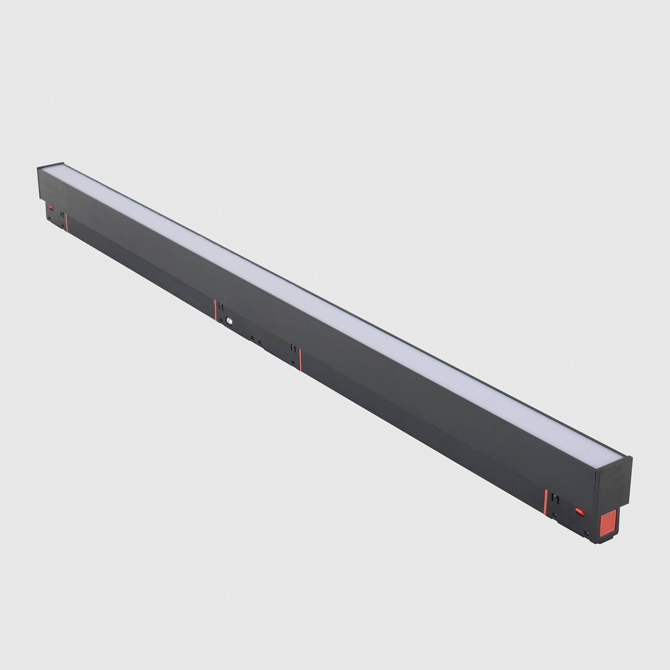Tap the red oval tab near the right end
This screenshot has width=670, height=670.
click(x=581, y=512)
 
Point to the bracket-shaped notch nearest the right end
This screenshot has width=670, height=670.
click(x=555, y=498)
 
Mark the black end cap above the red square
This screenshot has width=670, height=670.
click(x=613, y=483)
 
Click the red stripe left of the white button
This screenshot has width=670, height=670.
click(x=215, y=310)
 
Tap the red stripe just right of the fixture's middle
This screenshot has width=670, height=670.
click(x=300, y=359)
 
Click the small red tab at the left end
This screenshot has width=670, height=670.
click(x=51, y=207)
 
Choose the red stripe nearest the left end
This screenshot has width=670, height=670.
click(x=67, y=223)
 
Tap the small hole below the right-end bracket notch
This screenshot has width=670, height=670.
click(x=554, y=515)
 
